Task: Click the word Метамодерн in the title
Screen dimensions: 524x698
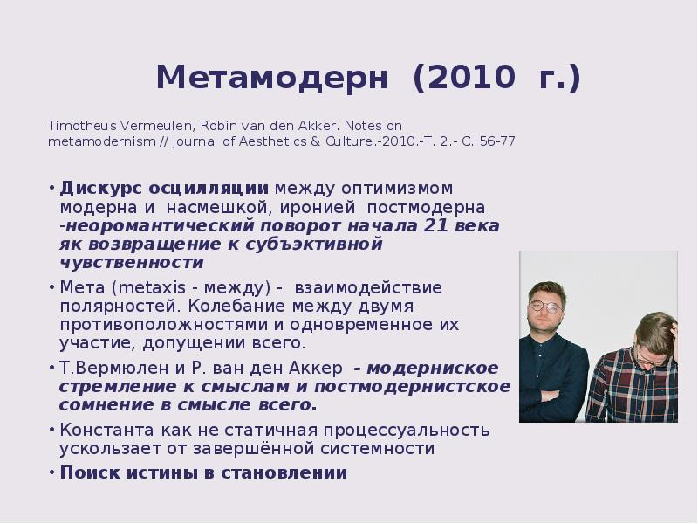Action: [271, 78]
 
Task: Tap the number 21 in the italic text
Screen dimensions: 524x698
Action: [435, 225]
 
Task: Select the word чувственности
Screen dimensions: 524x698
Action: [132, 262]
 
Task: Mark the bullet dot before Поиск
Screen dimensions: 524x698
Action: [53, 472]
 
